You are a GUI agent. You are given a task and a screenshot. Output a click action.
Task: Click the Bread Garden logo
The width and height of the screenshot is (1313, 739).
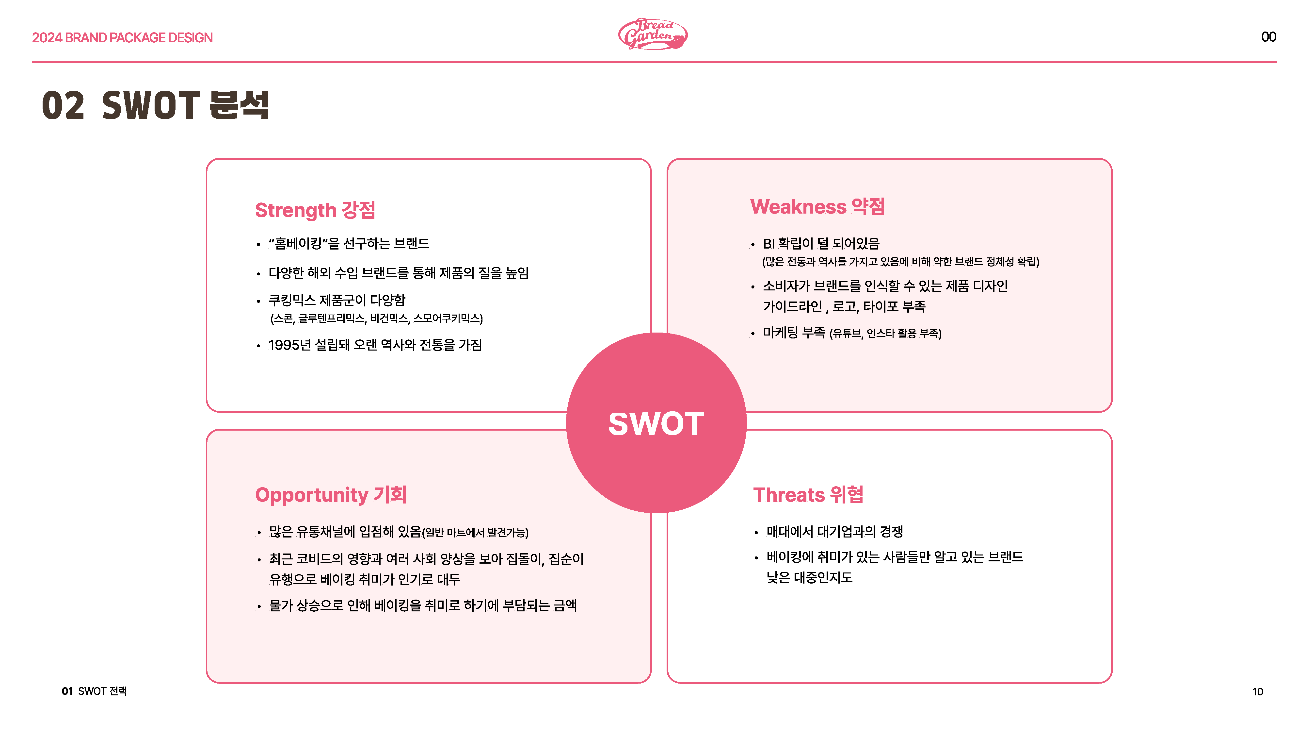[x=653, y=34]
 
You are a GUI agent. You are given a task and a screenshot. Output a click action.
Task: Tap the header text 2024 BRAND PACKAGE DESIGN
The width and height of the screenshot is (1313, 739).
[x=122, y=38]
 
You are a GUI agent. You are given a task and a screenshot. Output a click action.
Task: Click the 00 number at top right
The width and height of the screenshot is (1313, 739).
[x=1269, y=37]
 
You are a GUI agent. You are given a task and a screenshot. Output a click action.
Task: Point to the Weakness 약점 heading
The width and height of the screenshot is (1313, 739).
[x=817, y=207]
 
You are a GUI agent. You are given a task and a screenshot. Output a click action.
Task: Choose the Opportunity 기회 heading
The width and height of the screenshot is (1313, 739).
[x=331, y=495]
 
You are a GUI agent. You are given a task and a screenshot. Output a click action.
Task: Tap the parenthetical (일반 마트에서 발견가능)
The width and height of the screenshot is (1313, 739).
[x=475, y=532]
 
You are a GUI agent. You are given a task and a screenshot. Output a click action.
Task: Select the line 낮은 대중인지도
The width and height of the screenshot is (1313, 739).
[x=809, y=577]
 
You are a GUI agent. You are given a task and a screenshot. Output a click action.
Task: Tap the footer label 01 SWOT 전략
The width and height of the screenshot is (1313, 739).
[x=94, y=691]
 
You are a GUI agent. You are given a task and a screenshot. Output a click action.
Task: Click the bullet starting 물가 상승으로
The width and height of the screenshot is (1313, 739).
[x=423, y=605]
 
